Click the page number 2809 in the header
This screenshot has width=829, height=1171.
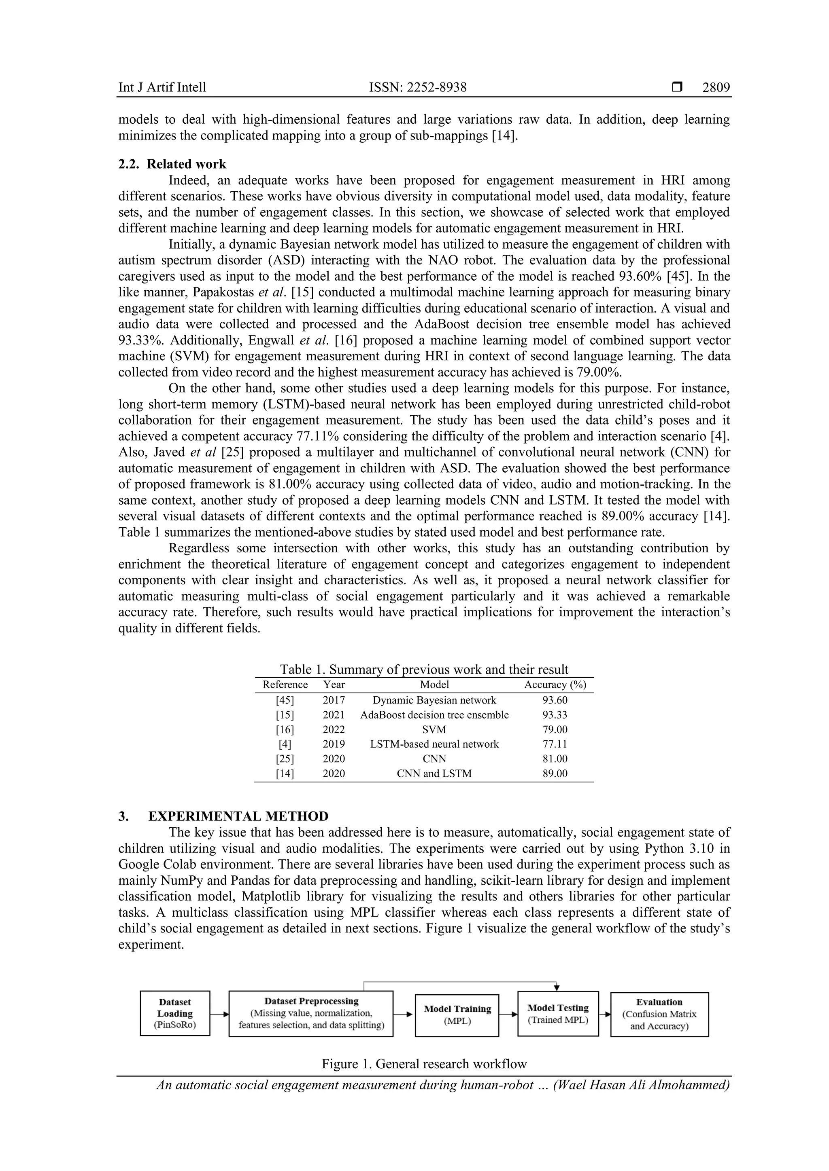tap(716, 88)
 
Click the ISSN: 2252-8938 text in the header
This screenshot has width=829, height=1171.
tap(418, 88)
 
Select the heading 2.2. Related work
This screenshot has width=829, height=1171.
tap(172, 164)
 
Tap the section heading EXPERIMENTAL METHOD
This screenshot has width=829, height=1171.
tap(238, 816)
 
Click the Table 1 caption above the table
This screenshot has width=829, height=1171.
tap(424, 669)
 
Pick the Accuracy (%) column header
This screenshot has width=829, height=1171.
tap(555, 685)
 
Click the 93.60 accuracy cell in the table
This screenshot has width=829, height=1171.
tap(555, 700)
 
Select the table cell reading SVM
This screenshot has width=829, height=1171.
tap(434, 729)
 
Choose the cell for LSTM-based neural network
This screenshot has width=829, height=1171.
tap(434, 744)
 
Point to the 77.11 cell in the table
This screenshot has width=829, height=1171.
tap(555, 744)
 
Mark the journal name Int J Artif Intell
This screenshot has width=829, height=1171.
tap(162, 88)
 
